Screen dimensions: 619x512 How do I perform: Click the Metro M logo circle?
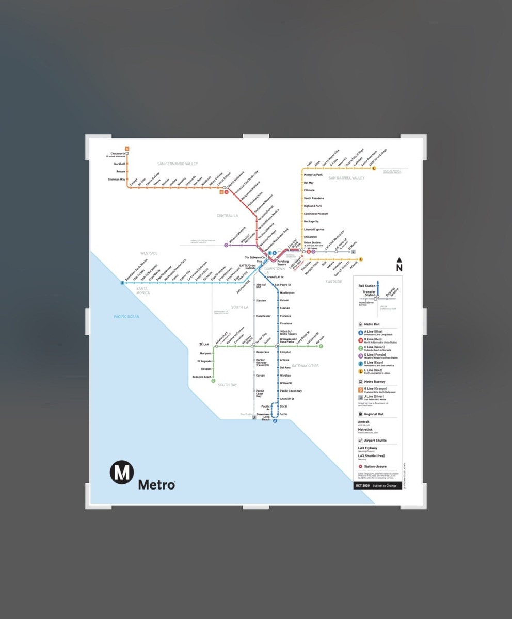coord(122,473)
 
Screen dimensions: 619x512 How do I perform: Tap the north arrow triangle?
coord(399,260)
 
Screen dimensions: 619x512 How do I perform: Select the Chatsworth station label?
coord(118,153)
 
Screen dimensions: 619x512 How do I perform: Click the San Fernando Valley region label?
coord(178,164)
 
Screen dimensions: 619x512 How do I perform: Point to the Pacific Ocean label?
coord(126,316)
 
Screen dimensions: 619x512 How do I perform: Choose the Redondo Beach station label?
coord(202,377)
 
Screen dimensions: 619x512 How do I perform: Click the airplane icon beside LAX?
coord(200,344)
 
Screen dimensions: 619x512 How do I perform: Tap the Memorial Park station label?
coord(313,175)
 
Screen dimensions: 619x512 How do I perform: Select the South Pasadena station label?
coord(314,198)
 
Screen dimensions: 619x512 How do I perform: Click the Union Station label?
coord(312,242)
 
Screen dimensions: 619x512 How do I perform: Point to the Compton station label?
coord(285,352)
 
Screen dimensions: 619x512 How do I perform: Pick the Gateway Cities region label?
coord(305,366)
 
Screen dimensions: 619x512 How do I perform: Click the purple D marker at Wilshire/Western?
coord(226,245)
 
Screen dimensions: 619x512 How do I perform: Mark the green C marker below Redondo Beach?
coord(213,381)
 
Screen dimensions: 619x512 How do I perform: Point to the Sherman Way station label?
coord(116,179)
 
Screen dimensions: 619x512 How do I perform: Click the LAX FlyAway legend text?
coord(367,448)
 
